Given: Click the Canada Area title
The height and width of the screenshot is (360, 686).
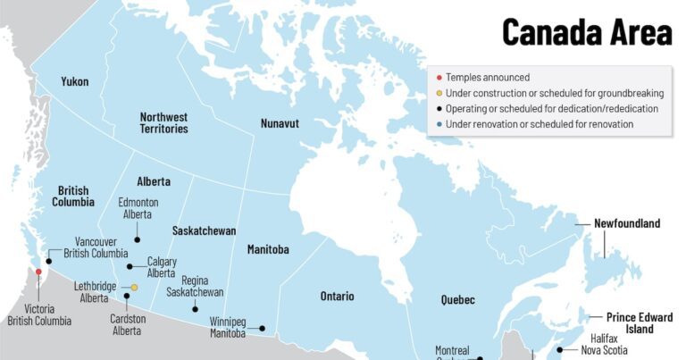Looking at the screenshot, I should pyautogui.click(x=586, y=32).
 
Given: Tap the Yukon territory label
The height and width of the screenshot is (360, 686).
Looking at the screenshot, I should pyautogui.click(x=75, y=82).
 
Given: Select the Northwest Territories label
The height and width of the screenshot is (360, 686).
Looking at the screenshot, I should pyautogui.click(x=163, y=122).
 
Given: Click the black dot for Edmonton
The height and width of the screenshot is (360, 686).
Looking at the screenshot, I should pyautogui.click(x=138, y=239).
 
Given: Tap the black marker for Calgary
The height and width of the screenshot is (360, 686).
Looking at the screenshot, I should pyautogui.click(x=130, y=266).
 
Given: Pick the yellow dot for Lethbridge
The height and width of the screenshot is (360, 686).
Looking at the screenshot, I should pyautogui.click(x=135, y=288).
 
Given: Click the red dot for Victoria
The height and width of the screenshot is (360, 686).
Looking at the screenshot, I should pyautogui.click(x=38, y=272).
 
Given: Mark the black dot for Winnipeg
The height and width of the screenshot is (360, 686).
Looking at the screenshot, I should pyautogui.click(x=263, y=329).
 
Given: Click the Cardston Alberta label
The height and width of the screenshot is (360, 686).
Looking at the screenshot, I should pyautogui.click(x=127, y=325).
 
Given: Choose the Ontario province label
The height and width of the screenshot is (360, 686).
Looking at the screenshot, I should pyautogui.click(x=337, y=297).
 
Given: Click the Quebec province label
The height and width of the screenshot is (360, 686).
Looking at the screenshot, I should pyautogui.click(x=457, y=300).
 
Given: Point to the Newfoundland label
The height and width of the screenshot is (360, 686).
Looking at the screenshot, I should pyautogui.click(x=627, y=223).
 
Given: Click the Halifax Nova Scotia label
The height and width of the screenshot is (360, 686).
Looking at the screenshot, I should pyautogui.click(x=606, y=344).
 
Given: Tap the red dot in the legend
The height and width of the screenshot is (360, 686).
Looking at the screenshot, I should pyautogui.click(x=439, y=78).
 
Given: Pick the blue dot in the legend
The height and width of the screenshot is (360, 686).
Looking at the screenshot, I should pyautogui.click(x=439, y=124).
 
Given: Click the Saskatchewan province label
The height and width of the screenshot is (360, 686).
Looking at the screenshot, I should pyautogui.click(x=204, y=230).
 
